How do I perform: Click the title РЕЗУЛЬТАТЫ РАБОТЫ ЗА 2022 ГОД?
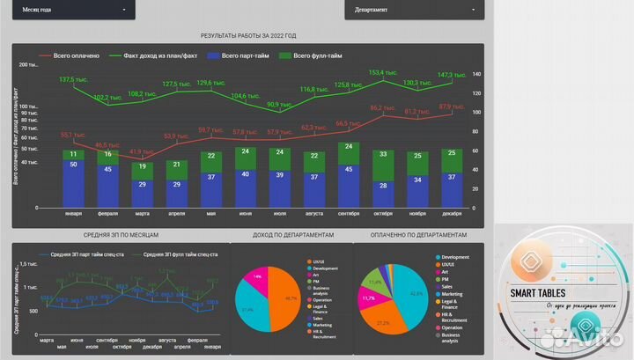click(248, 36)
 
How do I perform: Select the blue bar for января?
click(73, 183)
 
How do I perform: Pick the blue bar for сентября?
click(350, 180)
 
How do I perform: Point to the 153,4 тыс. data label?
click(381, 72)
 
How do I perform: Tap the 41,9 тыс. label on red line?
click(142, 151)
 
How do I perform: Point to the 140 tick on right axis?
click(476, 74)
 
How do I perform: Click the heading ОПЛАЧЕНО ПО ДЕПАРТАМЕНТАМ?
click(419, 235)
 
